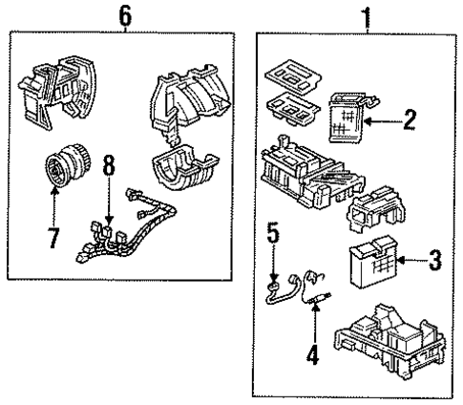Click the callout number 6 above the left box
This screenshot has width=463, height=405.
click(123, 15)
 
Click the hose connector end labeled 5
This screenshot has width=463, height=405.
click(276, 284)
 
